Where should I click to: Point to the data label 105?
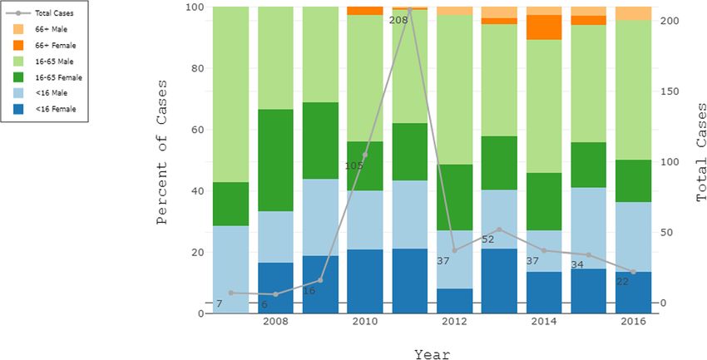(x=353, y=165)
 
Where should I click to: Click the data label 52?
(x=488, y=239)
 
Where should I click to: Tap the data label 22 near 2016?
(x=623, y=281)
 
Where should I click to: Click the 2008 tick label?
(x=275, y=321)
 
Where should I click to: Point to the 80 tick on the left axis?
(x=196, y=68)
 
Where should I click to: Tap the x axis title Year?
(x=433, y=354)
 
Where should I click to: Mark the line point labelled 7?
(x=231, y=293)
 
